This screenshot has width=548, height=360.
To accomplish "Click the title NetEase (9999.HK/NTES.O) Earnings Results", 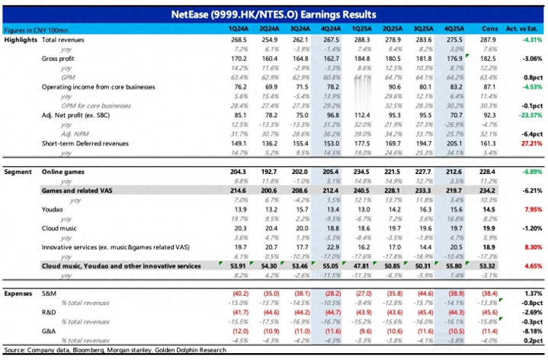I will click(273, 14).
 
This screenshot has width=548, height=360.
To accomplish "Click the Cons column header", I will click(489, 27).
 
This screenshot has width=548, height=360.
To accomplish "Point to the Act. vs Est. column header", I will click(526, 27).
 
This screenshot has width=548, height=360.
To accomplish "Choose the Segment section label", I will click(18, 173).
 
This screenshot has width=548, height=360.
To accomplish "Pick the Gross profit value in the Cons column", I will click(489, 58).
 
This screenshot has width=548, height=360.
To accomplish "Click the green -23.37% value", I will click(527, 114).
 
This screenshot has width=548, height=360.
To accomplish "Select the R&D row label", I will click(47, 312).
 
